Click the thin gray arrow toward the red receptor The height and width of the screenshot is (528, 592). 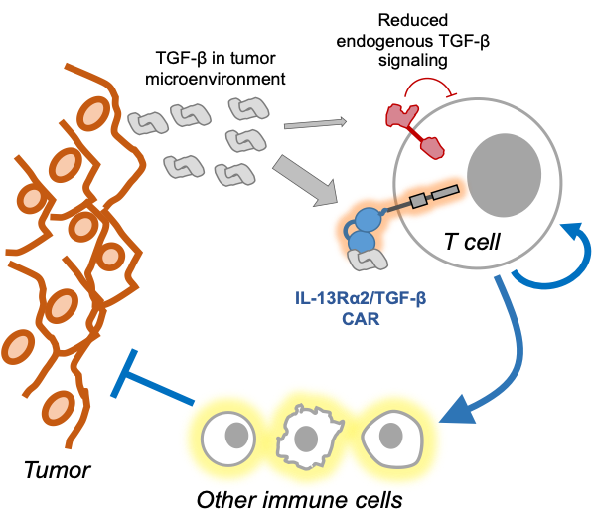[x=313, y=125]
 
